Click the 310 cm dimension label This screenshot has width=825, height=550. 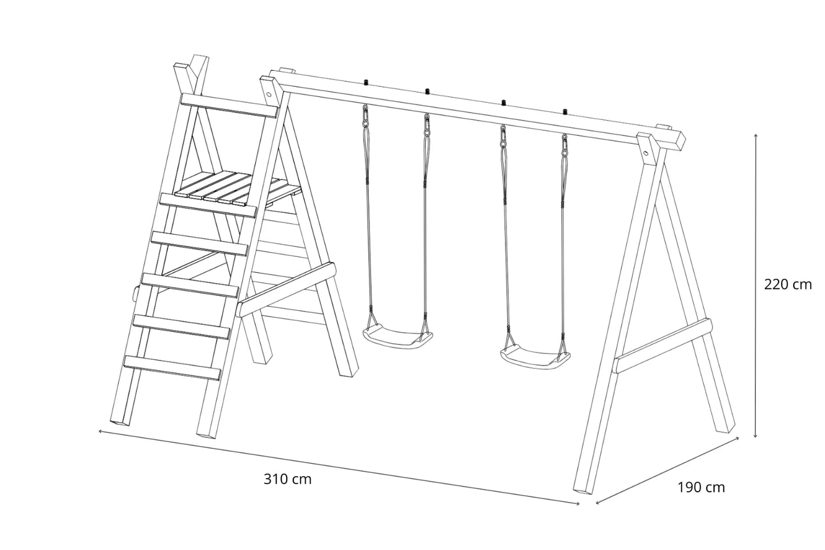pos(287,479)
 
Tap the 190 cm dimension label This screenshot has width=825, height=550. pos(701,487)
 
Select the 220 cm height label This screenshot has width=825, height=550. pos(788,284)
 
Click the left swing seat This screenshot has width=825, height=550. pos(398,337)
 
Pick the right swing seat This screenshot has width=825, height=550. pos(535,356)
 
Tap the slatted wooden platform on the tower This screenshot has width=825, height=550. pos(238,190)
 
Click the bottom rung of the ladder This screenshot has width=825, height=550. pos(172,368)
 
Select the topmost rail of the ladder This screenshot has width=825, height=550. pos(229,106)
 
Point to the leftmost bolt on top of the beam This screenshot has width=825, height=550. pos(366,82)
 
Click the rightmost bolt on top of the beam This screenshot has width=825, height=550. pos(564,111)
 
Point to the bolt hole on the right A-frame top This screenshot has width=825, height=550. pos(645,152)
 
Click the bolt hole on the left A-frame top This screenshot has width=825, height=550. pos(269,94)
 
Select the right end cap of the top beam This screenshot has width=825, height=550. pos(680,142)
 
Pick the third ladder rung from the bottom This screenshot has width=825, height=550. pos(191,285)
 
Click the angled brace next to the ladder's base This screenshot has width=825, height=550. pos(287,290)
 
